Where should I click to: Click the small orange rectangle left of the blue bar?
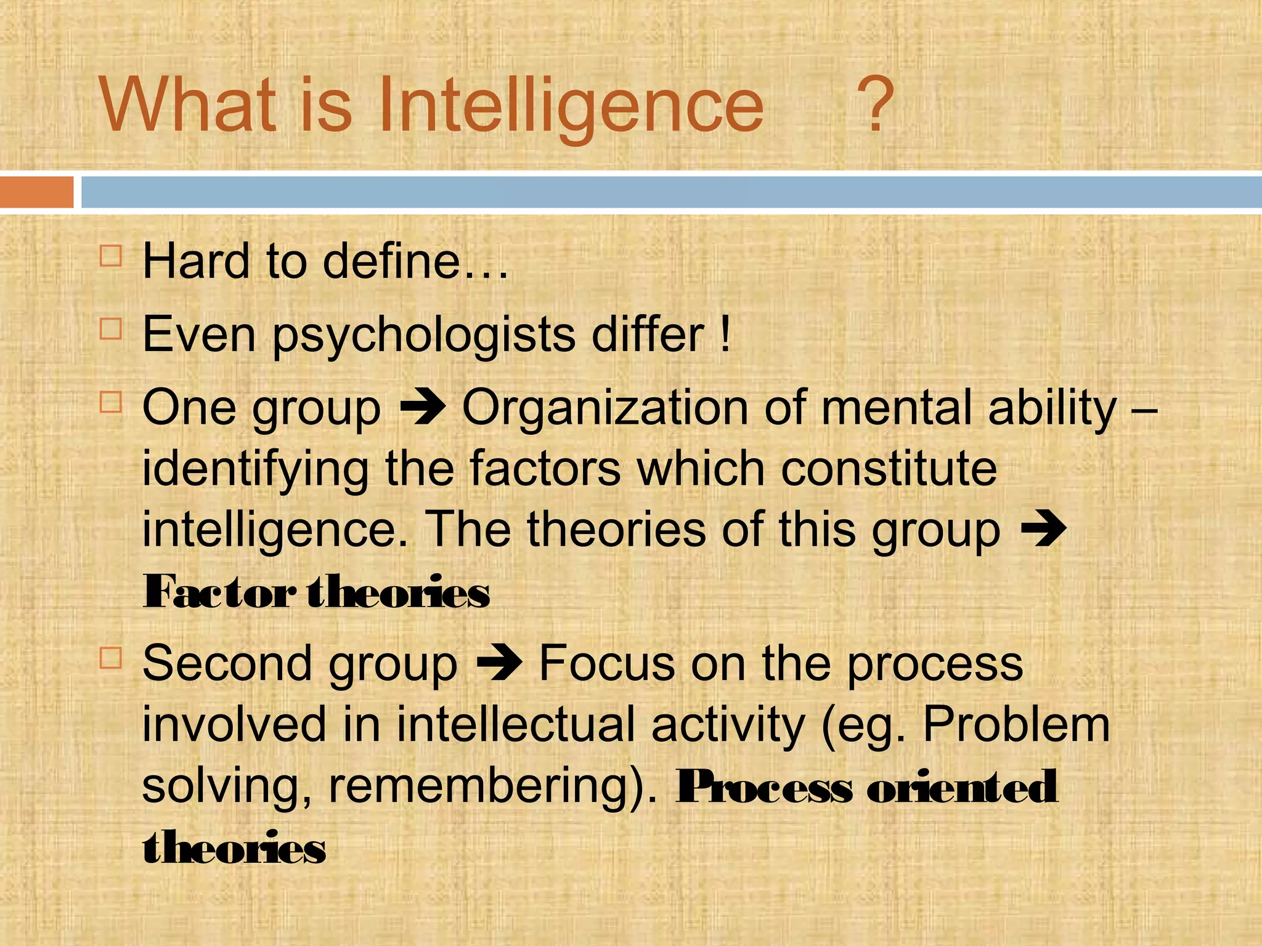36,192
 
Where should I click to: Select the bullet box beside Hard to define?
111,255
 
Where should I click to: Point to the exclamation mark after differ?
725,334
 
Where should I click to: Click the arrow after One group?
423,408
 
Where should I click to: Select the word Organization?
605,408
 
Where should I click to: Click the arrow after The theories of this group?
1043,530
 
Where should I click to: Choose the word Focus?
607,664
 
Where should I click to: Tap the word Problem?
1016,725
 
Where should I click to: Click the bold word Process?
764,787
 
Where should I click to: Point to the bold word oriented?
963,787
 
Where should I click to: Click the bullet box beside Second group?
111,658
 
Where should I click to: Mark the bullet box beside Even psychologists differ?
111,329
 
